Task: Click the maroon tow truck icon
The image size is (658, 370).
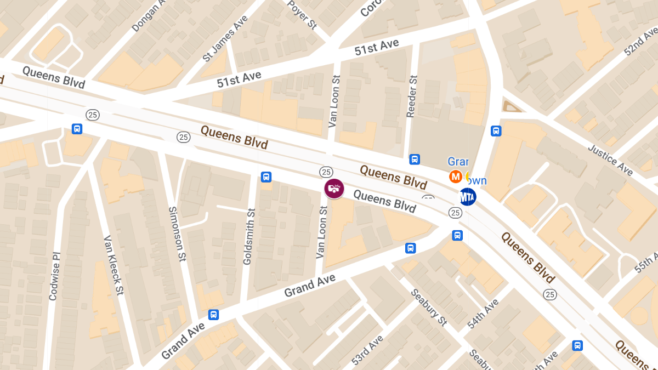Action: pyautogui.click(x=334, y=189)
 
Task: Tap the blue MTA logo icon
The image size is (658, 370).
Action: pyautogui.click(x=467, y=196)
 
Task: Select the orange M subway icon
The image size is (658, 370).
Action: pyautogui.click(x=455, y=177)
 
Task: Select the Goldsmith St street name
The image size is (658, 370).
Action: pyautogui.click(x=248, y=236)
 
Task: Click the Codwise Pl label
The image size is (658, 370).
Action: pyautogui.click(x=54, y=276)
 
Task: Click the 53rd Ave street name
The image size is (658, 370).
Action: pyautogui.click(x=367, y=350)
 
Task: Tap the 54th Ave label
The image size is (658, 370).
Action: pyautogui.click(x=483, y=314)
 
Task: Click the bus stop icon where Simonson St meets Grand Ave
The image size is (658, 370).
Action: pyautogui.click(x=213, y=315)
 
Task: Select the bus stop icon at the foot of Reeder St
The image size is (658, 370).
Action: pyautogui.click(x=415, y=160)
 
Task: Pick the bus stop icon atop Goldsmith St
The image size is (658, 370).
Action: pyautogui.click(x=266, y=177)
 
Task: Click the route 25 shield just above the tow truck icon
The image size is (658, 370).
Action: pyautogui.click(x=326, y=172)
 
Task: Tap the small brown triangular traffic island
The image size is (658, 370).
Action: pyautogui.click(x=512, y=106)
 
